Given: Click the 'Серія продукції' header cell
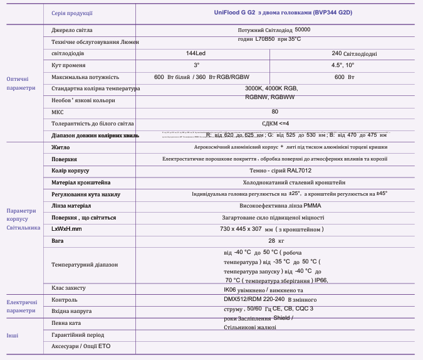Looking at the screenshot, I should coord(72,13).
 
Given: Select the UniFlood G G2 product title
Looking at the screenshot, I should coord(278,12).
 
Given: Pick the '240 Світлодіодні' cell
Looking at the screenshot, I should coord(354,54).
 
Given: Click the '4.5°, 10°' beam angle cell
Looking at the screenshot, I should coord(343,65).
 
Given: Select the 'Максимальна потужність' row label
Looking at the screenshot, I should coord(85,77).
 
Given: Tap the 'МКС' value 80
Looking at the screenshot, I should coord(274,112).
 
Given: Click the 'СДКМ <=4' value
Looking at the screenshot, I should coord(275,124).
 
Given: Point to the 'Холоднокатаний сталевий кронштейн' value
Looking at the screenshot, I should coord(275,183).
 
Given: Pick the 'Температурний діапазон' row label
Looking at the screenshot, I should coord(85,265).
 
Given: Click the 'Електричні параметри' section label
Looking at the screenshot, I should coord(21,306).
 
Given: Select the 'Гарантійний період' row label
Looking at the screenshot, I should coord(78,335).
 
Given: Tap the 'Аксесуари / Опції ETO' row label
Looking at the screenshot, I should coord(81,346).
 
